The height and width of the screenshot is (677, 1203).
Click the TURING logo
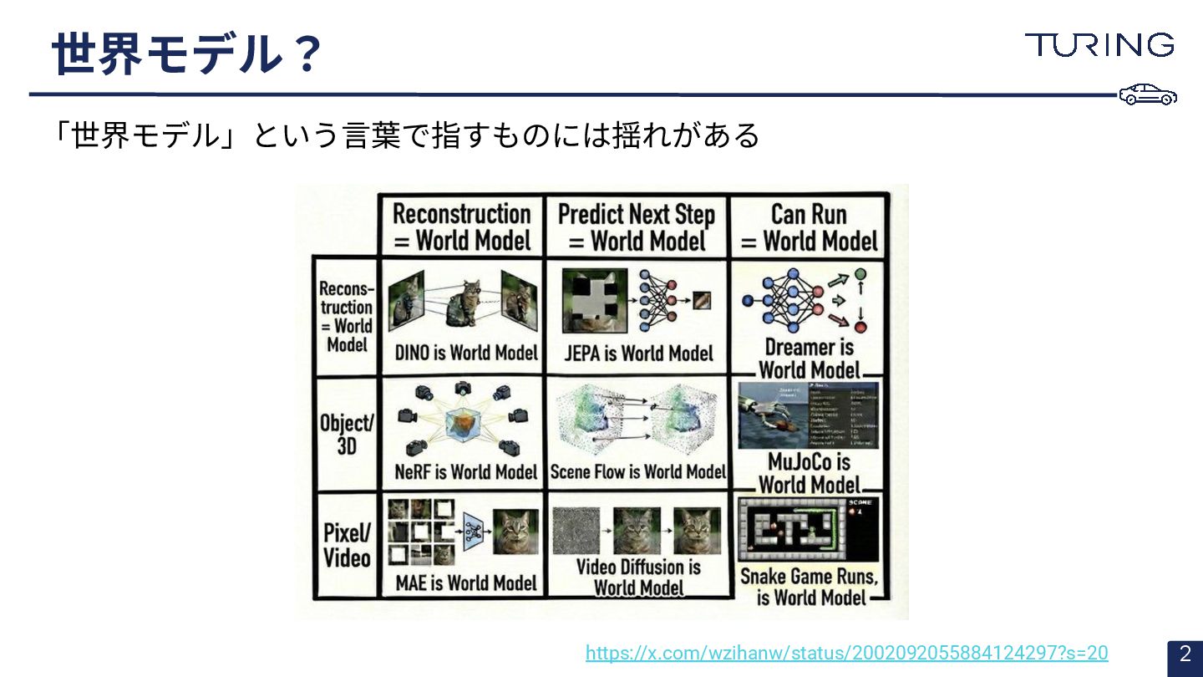pos(1099,44)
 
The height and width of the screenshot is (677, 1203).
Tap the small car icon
pos(1148,94)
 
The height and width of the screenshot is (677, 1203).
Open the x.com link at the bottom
pos(846,653)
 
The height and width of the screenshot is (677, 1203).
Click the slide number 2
pos(1185,654)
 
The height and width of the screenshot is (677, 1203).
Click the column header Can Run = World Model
pos(809,227)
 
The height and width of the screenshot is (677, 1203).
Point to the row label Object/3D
pos(346,434)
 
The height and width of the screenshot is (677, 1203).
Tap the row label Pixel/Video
pos(347,545)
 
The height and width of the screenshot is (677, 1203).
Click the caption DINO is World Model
pos(465,353)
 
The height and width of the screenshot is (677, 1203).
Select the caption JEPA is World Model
pos(638,353)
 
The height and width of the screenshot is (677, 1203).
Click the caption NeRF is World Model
pos(465,472)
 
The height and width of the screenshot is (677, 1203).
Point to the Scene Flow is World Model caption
pos(638,472)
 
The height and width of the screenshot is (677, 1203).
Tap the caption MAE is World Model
pos(465,583)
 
